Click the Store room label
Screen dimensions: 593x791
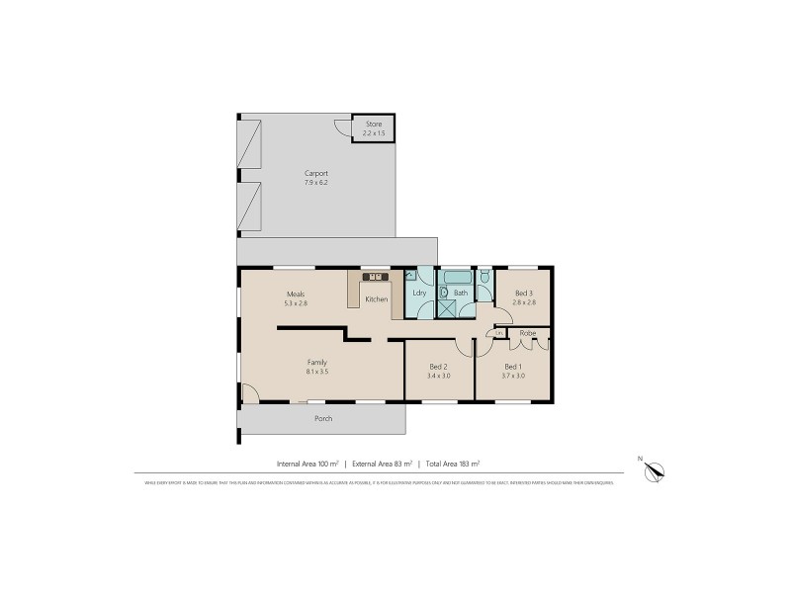[372, 125]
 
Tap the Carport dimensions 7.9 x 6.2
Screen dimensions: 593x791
[315, 182]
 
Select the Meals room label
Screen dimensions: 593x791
[295, 294]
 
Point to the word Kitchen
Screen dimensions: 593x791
[376, 299]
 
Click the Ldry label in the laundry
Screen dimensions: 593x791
[419, 294]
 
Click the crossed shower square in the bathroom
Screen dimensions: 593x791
[448, 308]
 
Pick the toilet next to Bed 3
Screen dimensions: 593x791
[483, 283]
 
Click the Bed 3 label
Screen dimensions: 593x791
[524, 293]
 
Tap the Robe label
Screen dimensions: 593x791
[527, 333]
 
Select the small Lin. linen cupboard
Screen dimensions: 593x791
[500, 333]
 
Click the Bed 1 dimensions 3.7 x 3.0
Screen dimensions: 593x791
[512, 376]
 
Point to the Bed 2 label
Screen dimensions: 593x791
[439, 367]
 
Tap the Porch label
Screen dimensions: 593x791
[322, 418]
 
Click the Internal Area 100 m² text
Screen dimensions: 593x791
[308, 463]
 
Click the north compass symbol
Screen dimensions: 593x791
[654, 473]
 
